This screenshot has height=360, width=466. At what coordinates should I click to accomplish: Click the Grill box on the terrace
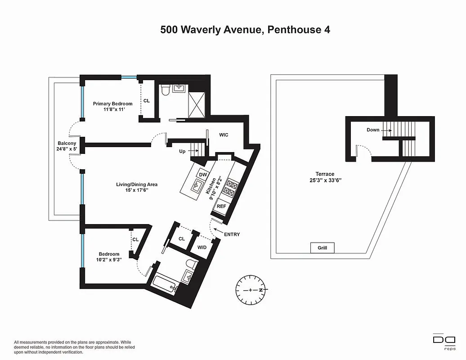322,248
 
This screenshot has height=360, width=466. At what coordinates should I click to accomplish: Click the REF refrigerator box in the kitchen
221,206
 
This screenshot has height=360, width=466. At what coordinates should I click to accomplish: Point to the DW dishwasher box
202,175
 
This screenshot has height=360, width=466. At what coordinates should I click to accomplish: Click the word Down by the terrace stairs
373,130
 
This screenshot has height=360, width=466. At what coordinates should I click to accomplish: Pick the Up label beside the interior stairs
182,151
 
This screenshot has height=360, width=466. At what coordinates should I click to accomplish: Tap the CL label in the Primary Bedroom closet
146,101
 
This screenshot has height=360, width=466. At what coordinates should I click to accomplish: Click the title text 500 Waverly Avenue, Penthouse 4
245,30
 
